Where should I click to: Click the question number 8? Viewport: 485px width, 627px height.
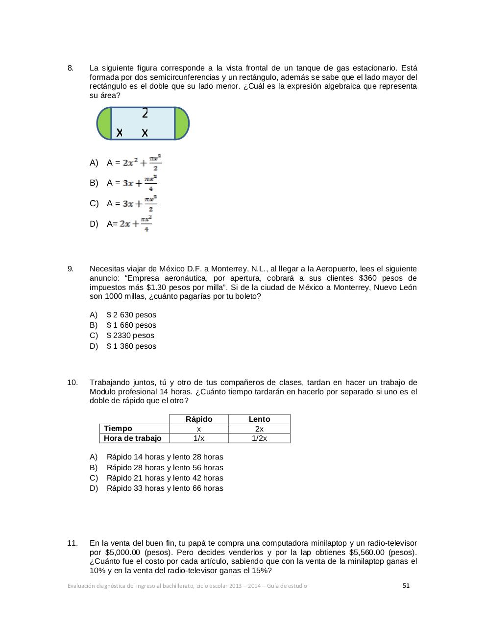(x=70, y=68)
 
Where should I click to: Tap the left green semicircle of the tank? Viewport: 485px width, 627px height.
(x=104, y=123)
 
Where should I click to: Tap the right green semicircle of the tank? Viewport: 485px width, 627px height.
(x=181, y=123)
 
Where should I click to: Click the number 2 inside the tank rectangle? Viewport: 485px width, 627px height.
(x=145, y=113)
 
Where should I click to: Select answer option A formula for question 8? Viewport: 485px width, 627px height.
(x=142, y=163)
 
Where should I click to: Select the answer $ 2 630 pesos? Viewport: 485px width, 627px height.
(x=131, y=315)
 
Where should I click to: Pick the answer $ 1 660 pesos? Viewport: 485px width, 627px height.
(x=131, y=325)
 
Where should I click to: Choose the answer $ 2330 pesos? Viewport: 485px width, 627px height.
(x=130, y=336)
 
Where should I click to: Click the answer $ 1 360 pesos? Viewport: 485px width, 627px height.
(x=131, y=346)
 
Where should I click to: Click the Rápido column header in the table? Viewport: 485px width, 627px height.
(x=199, y=419)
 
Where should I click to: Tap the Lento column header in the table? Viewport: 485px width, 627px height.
(x=259, y=419)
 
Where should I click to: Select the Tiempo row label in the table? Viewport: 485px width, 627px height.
(x=118, y=429)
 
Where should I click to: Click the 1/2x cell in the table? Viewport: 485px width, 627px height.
(x=259, y=438)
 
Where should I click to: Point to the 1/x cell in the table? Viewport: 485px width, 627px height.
(x=199, y=438)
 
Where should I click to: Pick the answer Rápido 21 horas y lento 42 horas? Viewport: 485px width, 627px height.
(x=165, y=478)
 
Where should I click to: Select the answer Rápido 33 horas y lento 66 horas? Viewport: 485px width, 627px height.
(x=165, y=488)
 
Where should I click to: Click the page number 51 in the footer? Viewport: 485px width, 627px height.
(x=406, y=585)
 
